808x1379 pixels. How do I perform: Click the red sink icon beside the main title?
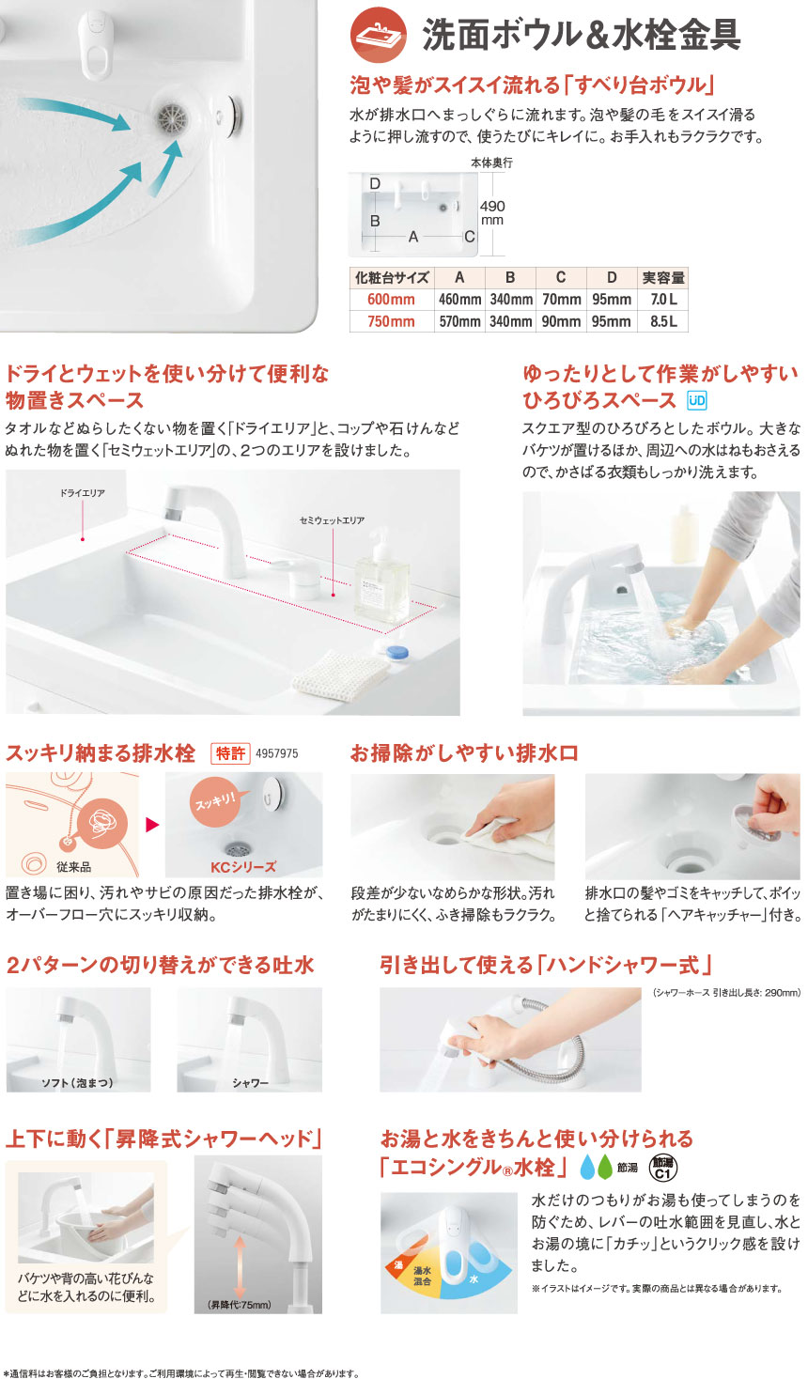[378, 35]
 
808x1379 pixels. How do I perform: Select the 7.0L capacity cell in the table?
[662, 300]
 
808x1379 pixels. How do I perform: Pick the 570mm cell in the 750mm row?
[459, 321]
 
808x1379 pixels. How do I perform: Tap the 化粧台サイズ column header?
[392, 278]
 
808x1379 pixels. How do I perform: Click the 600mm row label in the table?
[392, 300]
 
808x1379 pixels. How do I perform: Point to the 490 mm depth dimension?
[492, 212]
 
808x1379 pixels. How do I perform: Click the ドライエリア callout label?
[82, 493]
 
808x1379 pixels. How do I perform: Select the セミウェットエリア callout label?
[332, 520]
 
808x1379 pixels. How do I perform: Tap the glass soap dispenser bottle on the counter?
[381, 578]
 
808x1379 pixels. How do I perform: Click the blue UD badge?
[696, 401]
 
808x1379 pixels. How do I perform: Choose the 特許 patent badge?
[230, 753]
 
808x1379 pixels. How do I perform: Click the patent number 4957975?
[276, 753]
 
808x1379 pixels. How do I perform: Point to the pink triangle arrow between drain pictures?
[152, 825]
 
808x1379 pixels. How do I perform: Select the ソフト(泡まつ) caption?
[78, 1083]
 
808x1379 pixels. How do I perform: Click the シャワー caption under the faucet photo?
[250, 1083]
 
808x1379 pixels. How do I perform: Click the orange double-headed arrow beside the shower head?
[240, 1267]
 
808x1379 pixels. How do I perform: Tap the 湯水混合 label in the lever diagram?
[422, 1276]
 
